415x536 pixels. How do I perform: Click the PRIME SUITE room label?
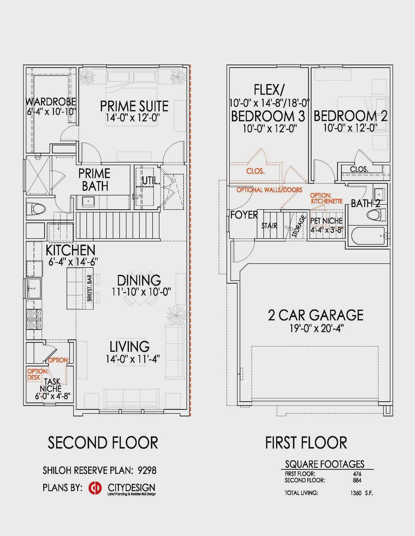click(x=134, y=106)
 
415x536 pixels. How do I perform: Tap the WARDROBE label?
click(x=51, y=101)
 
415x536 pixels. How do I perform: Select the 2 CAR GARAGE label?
click(x=316, y=315)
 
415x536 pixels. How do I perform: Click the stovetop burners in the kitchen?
click(x=34, y=319)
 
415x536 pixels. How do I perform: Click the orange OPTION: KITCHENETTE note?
click(x=327, y=198)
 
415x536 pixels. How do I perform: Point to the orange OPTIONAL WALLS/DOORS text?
click(x=269, y=190)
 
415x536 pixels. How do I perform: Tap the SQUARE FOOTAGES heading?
click(x=325, y=464)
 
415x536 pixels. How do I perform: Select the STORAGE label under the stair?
click(x=299, y=226)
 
